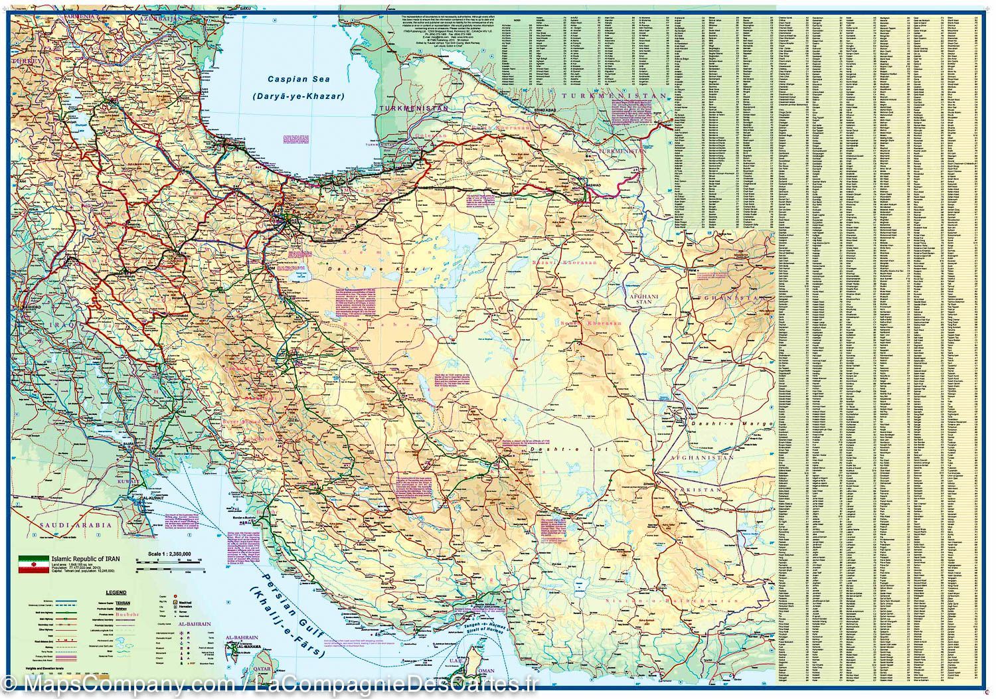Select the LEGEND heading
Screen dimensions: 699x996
116,592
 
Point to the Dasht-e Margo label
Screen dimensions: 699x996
732,423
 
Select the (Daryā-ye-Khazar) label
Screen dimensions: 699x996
298,96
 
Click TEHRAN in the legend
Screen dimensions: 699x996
182,602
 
